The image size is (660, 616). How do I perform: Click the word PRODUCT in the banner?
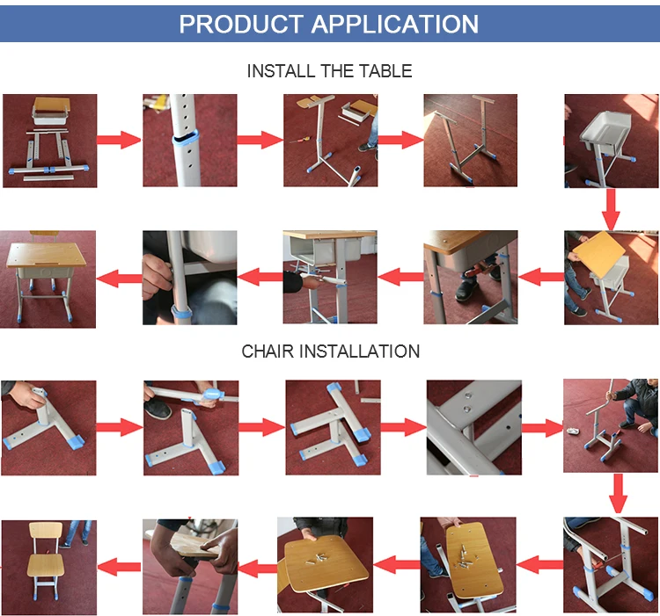241,24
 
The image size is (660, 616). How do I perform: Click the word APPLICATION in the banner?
395,24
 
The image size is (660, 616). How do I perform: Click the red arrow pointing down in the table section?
612,209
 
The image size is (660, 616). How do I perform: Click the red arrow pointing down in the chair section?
618,494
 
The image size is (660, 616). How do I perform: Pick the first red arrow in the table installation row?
119,140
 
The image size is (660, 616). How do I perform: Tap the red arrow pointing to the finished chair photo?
119,567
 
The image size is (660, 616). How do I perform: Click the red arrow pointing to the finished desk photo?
119,279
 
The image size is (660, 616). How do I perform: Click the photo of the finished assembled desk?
48,279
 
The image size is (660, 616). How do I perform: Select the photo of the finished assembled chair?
48,568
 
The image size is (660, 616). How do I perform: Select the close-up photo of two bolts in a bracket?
474,427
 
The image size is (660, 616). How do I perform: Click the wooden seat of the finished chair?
46,565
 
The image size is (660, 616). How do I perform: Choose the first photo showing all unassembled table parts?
49,141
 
